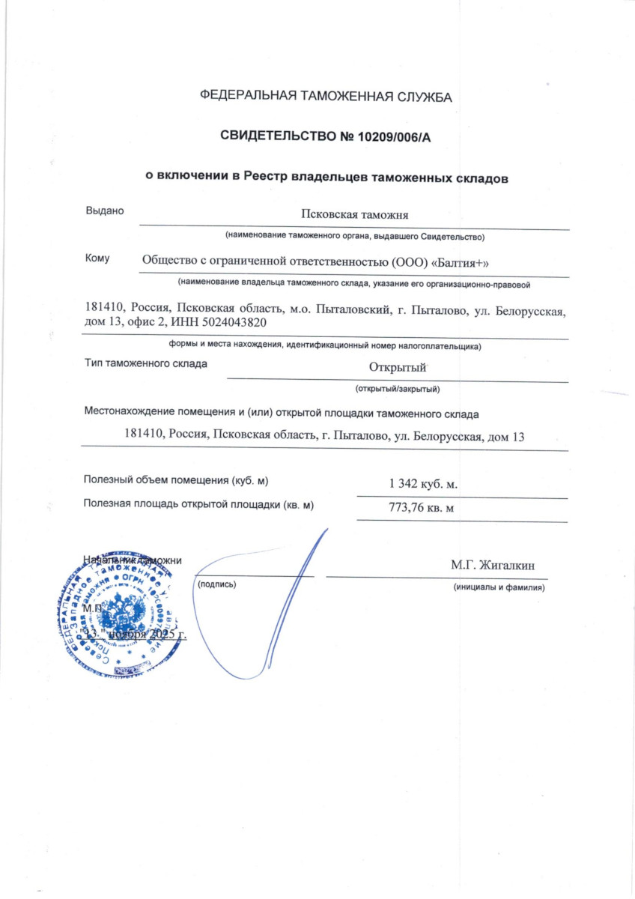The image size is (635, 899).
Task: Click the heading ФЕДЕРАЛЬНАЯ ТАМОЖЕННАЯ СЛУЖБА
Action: pyautogui.click(x=326, y=96)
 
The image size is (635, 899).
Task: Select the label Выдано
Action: pyautogui.click(x=104, y=211)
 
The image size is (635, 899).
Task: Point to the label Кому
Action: pyautogui.click(x=97, y=258)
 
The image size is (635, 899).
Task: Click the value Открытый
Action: pyautogui.click(x=397, y=367)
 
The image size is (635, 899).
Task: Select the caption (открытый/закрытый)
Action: pyautogui.click(x=397, y=389)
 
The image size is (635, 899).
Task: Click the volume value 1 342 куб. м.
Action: pyautogui.click(x=423, y=484)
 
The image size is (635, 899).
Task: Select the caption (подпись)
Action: pyautogui.click(x=216, y=583)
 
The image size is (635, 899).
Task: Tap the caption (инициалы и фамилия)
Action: pyautogui.click(x=499, y=587)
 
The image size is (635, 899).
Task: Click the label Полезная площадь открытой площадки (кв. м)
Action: pyautogui.click(x=198, y=505)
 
